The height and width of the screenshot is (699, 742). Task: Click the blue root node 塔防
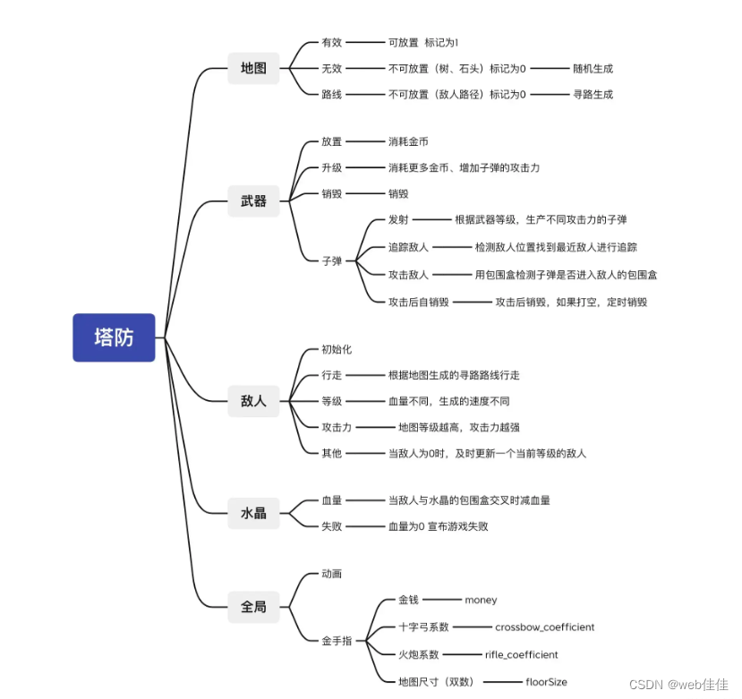[114, 337]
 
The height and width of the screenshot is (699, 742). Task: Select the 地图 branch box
[253, 67]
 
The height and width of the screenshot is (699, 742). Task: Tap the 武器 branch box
[253, 201]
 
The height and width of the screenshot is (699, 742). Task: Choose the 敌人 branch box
[253, 401]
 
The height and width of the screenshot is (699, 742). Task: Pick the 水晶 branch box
[253, 513]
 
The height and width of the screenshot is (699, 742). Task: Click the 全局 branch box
[253, 607]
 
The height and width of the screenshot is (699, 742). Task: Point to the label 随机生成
[593, 68]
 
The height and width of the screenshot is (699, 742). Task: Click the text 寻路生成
[593, 94]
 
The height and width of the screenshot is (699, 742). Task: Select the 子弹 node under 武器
[331, 261]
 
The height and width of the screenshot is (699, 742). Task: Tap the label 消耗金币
[408, 141]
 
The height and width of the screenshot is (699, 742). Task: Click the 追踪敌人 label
[408, 247]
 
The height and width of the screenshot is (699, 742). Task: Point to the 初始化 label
[337, 349]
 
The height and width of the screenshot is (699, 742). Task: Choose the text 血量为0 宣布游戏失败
[438, 526]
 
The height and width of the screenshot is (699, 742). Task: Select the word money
[481, 600]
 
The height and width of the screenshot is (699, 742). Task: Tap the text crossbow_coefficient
[544, 627]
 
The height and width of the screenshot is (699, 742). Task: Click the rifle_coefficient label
[521, 654]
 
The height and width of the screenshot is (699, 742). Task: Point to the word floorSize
[546, 682]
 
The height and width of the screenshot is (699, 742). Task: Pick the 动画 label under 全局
[331, 573]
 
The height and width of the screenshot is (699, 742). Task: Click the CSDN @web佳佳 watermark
[678, 684]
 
